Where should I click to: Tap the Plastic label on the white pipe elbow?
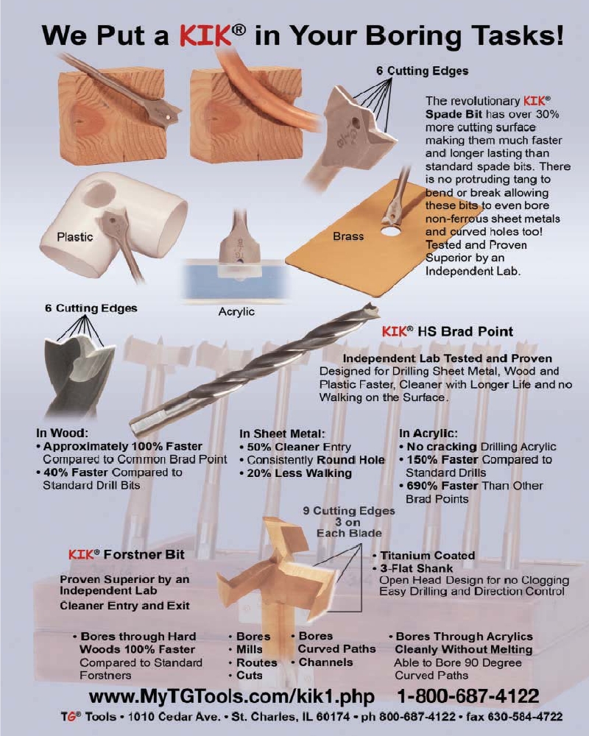pos(75,236)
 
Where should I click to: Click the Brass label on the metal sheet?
pos(348,236)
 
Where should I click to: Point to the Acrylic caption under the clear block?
pos(236,312)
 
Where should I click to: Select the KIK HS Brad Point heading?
pos(447,332)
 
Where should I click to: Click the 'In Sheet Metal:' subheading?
pos(283,434)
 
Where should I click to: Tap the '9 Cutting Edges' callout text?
pos(349,511)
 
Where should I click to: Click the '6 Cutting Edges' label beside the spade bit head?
pos(422,71)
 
